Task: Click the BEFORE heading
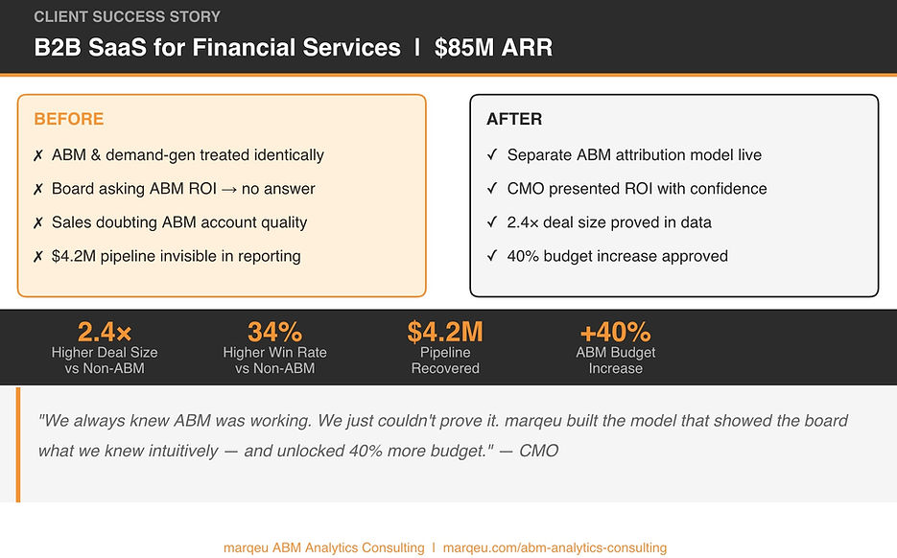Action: (69, 119)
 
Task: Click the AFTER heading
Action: (514, 119)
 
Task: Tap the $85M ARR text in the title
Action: (494, 47)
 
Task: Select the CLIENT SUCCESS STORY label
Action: (127, 16)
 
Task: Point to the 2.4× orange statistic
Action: (105, 332)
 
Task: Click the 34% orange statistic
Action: (274, 332)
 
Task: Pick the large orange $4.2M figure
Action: (445, 332)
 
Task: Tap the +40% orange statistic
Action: (616, 332)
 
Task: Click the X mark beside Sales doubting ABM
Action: (38, 223)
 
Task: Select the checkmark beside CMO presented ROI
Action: (492, 188)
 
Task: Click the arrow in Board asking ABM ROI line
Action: (229, 189)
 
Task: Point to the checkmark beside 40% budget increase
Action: (492, 256)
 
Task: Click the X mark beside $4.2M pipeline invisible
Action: (38, 257)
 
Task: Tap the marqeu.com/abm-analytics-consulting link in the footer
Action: (555, 547)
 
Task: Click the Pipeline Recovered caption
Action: (445, 360)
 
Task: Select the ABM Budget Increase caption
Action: (616, 360)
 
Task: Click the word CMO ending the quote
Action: (538, 451)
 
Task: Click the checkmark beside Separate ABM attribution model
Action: (492, 154)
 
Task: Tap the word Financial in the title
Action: (244, 47)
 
